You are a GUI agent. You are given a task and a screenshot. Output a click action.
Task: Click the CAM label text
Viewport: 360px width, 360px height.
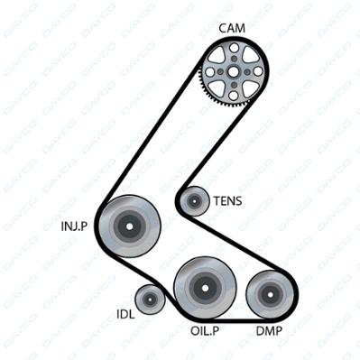click(x=232, y=28)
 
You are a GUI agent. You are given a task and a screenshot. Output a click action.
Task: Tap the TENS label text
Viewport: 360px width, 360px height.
click(x=227, y=201)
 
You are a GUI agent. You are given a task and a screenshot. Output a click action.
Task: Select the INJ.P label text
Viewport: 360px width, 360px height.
click(x=74, y=226)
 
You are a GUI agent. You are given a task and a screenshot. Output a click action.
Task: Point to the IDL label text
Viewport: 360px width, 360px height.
click(x=125, y=314)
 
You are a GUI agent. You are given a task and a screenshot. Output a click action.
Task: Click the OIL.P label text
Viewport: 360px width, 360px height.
click(x=205, y=331)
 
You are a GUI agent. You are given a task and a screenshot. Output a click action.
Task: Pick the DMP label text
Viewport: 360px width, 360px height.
click(x=269, y=331)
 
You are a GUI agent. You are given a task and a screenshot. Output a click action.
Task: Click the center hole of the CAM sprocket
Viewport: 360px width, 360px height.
click(x=234, y=71)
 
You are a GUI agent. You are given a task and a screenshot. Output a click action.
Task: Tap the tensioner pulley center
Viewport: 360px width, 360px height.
click(x=195, y=200)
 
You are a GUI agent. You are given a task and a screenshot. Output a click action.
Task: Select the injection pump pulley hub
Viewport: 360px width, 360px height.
click(x=129, y=226)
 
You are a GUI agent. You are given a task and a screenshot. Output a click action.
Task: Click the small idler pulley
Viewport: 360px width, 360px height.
click(x=150, y=300)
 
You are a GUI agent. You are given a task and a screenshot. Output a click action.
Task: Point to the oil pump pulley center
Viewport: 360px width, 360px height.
click(x=205, y=288)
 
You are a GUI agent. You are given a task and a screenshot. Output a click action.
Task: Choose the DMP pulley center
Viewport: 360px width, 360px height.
click(x=270, y=294)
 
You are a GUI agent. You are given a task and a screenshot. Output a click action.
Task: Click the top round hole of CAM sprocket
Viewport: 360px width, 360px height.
click(x=234, y=48)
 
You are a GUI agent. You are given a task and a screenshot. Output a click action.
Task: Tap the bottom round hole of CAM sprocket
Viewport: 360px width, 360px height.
click(x=234, y=96)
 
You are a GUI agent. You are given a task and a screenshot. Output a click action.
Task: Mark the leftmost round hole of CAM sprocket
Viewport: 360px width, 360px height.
click(x=210, y=72)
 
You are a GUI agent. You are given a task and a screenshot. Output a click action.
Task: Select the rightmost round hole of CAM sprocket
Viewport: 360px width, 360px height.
click(x=258, y=71)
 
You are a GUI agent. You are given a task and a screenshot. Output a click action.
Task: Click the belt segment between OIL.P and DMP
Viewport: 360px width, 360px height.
click(x=237, y=319)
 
